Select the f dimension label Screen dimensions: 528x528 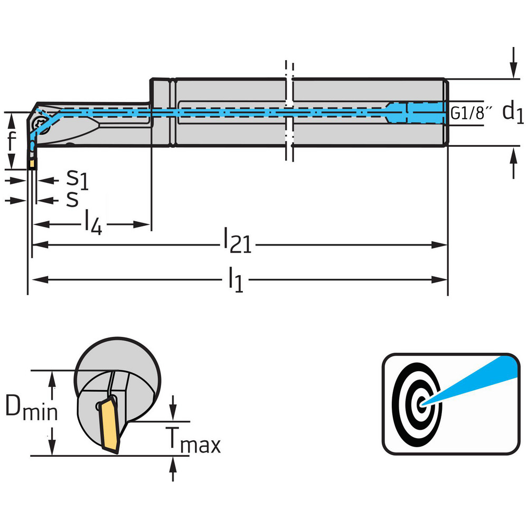(12, 141)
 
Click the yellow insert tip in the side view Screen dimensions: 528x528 (33, 164)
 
